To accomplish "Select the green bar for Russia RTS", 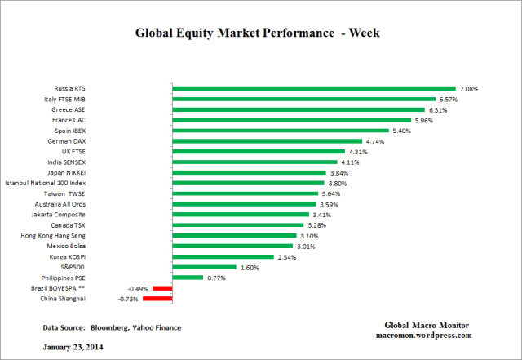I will coord(313,88).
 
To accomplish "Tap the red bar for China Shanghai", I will coord(157,299).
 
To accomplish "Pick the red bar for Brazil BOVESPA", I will coord(162,288).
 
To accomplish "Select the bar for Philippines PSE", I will coord(187,278).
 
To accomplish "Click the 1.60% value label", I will coord(250,267).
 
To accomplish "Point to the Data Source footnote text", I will coord(112,327).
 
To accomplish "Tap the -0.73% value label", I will coord(129,299).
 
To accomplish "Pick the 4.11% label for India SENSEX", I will coord(351,162).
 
